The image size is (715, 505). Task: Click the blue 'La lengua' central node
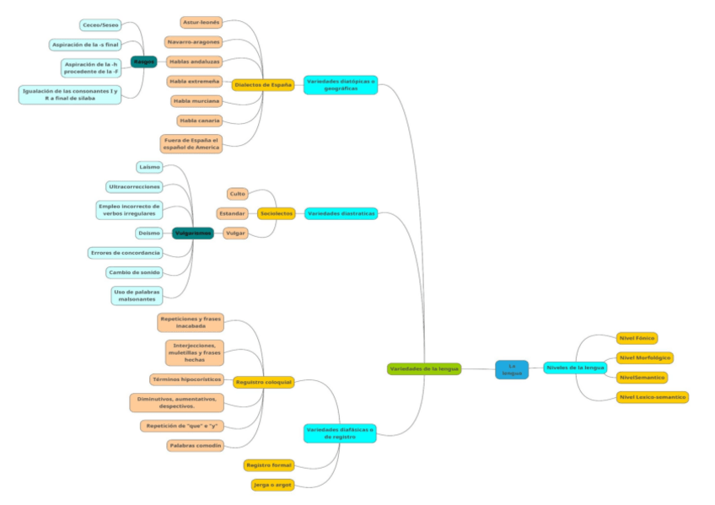point(511,369)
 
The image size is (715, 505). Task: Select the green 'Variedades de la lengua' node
point(424,369)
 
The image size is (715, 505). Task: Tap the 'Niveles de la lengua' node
point(575,368)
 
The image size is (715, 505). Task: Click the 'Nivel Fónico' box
point(637,338)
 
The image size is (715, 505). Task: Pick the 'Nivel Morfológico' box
point(644,357)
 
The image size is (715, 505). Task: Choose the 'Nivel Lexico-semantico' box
point(653,396)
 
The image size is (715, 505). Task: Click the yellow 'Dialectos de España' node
point(263,84)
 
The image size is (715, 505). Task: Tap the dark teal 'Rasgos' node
point(143,62)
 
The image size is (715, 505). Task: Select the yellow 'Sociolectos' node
point(277,214)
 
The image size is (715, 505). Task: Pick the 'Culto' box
point(238,194)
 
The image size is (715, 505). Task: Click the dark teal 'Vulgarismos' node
point(192,233)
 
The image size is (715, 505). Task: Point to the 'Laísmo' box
point(149,167)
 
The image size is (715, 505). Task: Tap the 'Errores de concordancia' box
point(125,253)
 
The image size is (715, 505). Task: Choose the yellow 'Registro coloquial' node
point(263,382)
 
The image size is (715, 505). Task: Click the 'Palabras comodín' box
point(195,445)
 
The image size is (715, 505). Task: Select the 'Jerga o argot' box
point(272,485)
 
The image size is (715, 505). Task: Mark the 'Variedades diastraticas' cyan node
point(341,214)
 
